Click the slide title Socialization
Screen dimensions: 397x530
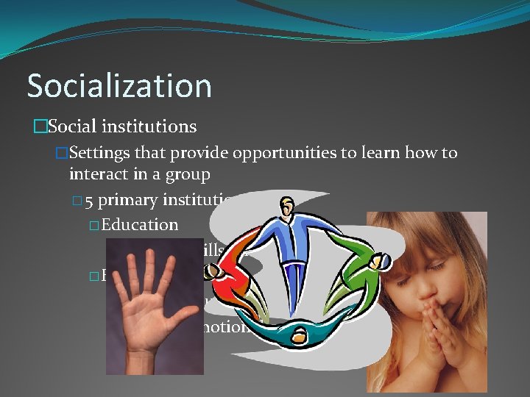point(119,85)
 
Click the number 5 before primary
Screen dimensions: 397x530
point(88,199)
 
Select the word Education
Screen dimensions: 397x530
point(141,223)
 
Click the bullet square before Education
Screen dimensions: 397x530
point(94,224)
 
